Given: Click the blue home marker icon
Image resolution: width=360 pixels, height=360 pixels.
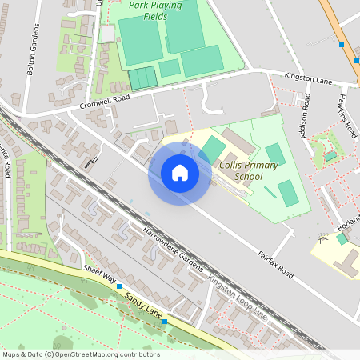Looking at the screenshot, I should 179,173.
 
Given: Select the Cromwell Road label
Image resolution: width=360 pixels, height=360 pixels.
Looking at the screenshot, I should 104,102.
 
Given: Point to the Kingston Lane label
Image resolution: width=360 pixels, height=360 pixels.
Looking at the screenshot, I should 308,78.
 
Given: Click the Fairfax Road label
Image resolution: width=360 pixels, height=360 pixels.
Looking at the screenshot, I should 275,265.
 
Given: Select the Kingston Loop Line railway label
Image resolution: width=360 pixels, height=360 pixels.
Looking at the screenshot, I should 237,294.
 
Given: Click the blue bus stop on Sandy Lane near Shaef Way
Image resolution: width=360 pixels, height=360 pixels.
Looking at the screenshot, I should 119,286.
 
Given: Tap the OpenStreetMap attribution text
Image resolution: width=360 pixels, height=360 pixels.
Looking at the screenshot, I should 81,354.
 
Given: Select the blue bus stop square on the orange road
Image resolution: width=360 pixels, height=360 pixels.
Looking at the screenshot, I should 342,46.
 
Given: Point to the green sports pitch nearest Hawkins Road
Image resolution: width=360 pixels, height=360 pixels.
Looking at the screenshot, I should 330,156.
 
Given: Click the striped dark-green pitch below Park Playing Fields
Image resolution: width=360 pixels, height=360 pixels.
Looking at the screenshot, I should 143,78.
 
